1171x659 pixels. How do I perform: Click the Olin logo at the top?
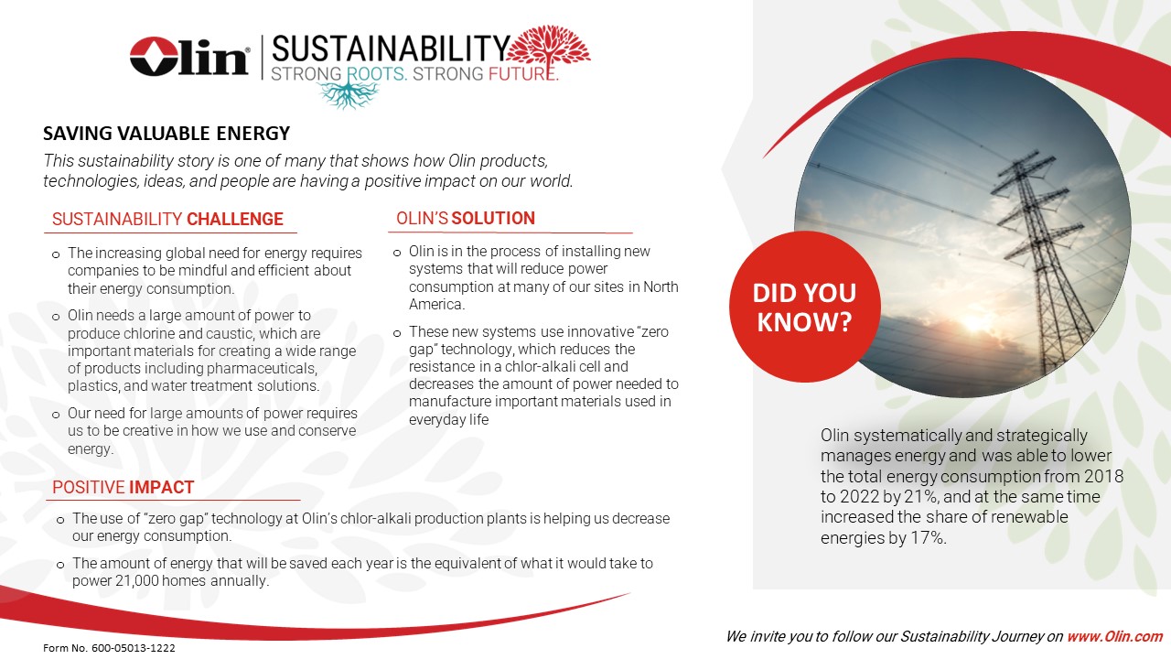pos(189,57)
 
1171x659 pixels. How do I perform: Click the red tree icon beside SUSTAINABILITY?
pos(548,50)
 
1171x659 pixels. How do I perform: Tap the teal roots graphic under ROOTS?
pos(348,92)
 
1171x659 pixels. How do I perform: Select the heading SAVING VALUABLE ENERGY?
pos(167,134)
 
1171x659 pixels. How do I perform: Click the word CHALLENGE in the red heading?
pos(235,219)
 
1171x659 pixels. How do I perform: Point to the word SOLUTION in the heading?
pos(493,218)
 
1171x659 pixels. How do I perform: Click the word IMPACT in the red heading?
pos(162,488)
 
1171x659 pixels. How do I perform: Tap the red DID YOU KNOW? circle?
pos(804,307)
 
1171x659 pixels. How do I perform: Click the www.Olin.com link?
pos(1114,636)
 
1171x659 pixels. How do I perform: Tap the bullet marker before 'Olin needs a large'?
pos(56,317)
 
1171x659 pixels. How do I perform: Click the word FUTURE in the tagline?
pos(521,74)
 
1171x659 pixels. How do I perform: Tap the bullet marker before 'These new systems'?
pos(397,333)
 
